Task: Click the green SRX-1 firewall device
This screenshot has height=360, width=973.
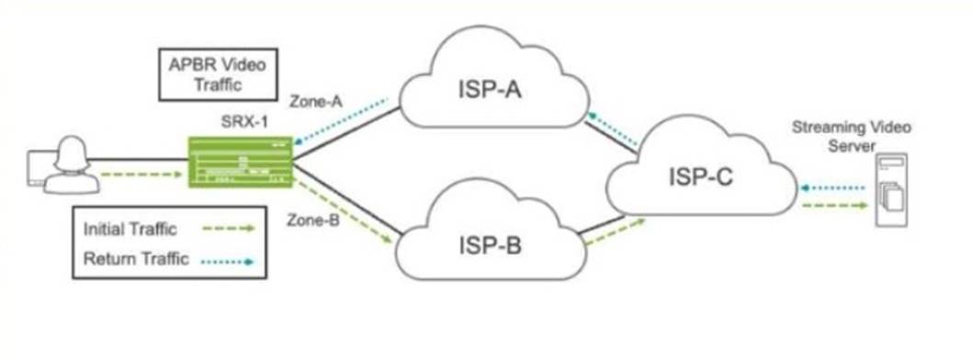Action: (241, 162)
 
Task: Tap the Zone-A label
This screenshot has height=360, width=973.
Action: (316, 102)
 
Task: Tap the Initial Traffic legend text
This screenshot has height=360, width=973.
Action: (131, 229)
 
